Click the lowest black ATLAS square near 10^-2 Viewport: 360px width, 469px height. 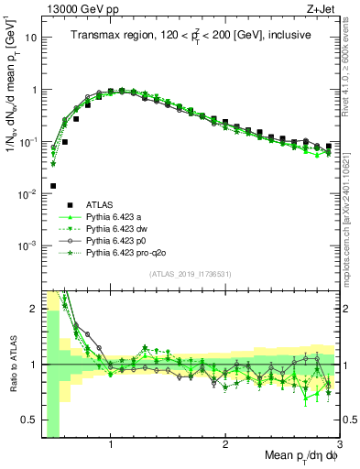click(53, 186)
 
